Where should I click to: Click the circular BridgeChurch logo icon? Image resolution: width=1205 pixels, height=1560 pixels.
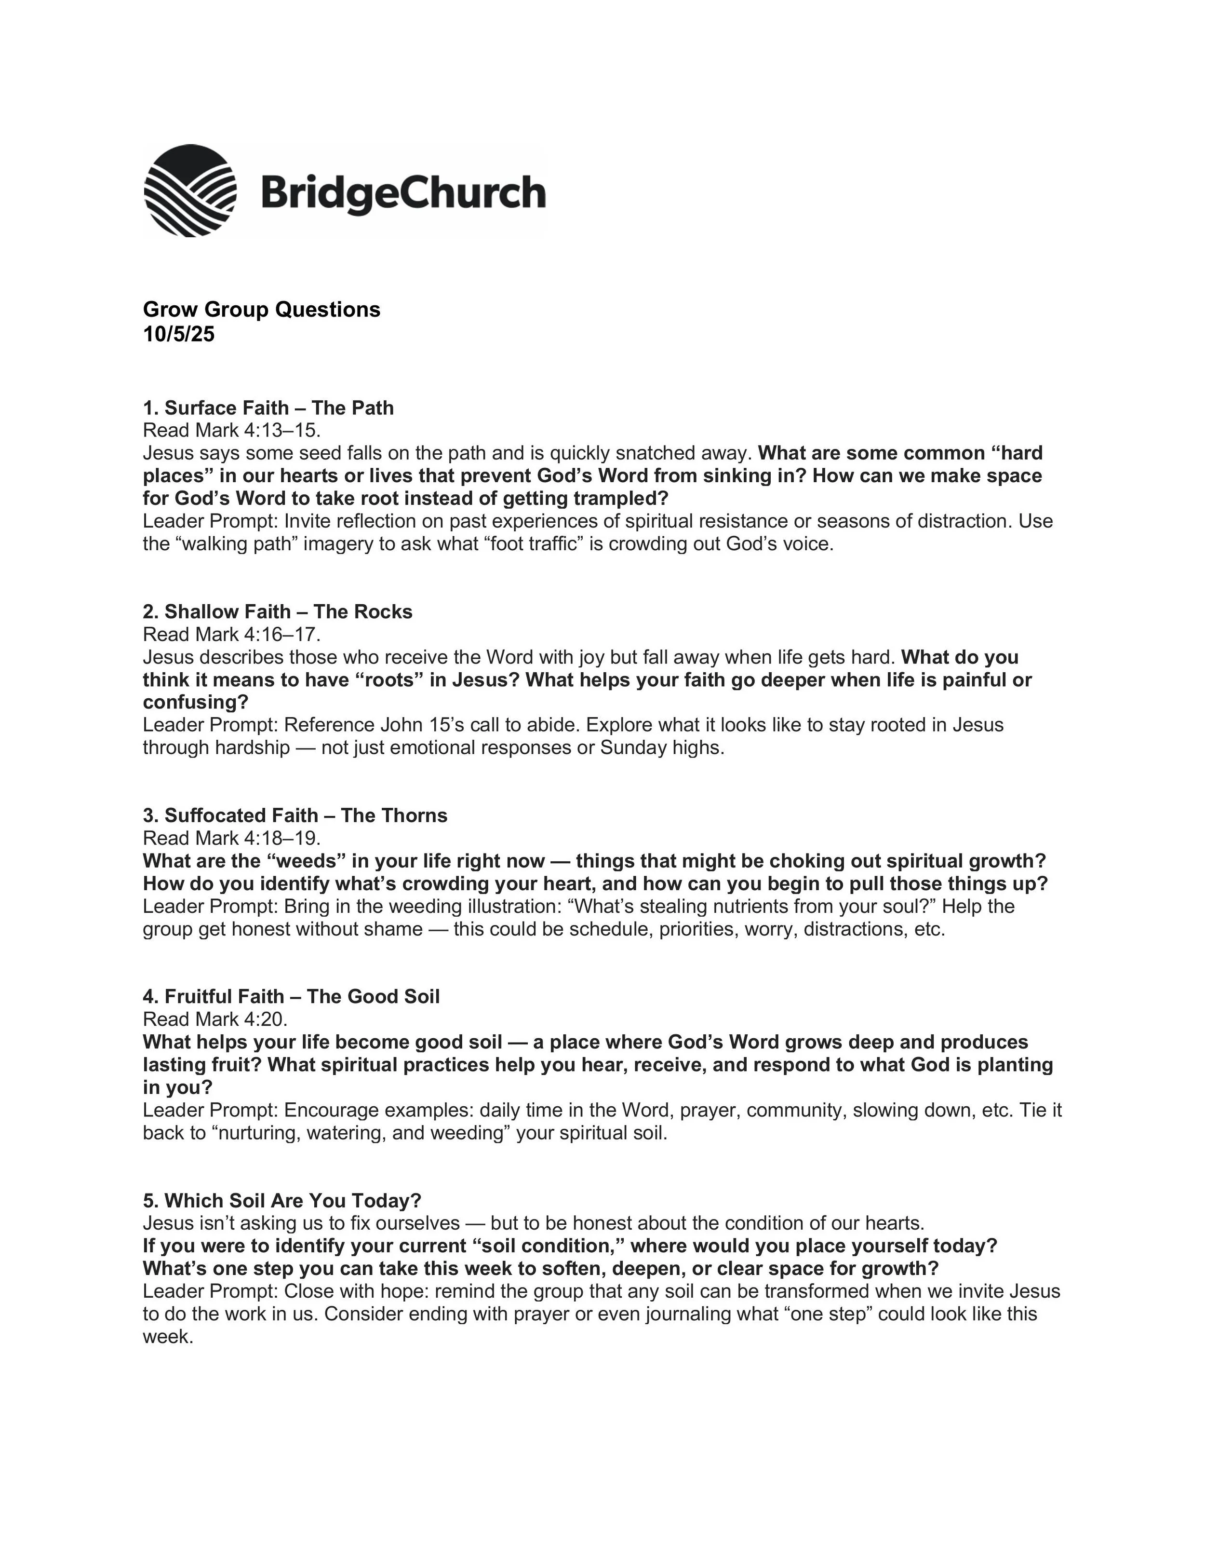point(190,190)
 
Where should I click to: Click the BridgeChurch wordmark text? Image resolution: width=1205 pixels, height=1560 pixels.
point(403,193)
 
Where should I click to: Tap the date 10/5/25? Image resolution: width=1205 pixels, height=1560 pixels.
point(178,334)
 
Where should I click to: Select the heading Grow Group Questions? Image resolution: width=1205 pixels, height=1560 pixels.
point(261,309)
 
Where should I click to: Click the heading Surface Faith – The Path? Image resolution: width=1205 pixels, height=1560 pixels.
point(268,408)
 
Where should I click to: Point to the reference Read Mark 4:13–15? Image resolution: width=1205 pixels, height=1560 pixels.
point(232,430)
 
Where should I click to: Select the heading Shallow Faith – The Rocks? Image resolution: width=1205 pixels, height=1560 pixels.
point(278,611)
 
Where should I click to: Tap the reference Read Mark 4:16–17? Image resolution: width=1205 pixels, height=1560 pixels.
point(232,634)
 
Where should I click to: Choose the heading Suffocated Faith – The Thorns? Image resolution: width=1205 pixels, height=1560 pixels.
point(295,816)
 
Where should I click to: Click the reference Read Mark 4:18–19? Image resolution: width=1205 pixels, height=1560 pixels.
point(232,838)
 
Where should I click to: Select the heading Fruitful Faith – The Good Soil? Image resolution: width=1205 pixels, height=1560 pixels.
point(291,996)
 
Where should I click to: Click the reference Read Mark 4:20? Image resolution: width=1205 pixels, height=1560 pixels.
point(215,1019)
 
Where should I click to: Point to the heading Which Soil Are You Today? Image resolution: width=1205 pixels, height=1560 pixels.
point(282,1201)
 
